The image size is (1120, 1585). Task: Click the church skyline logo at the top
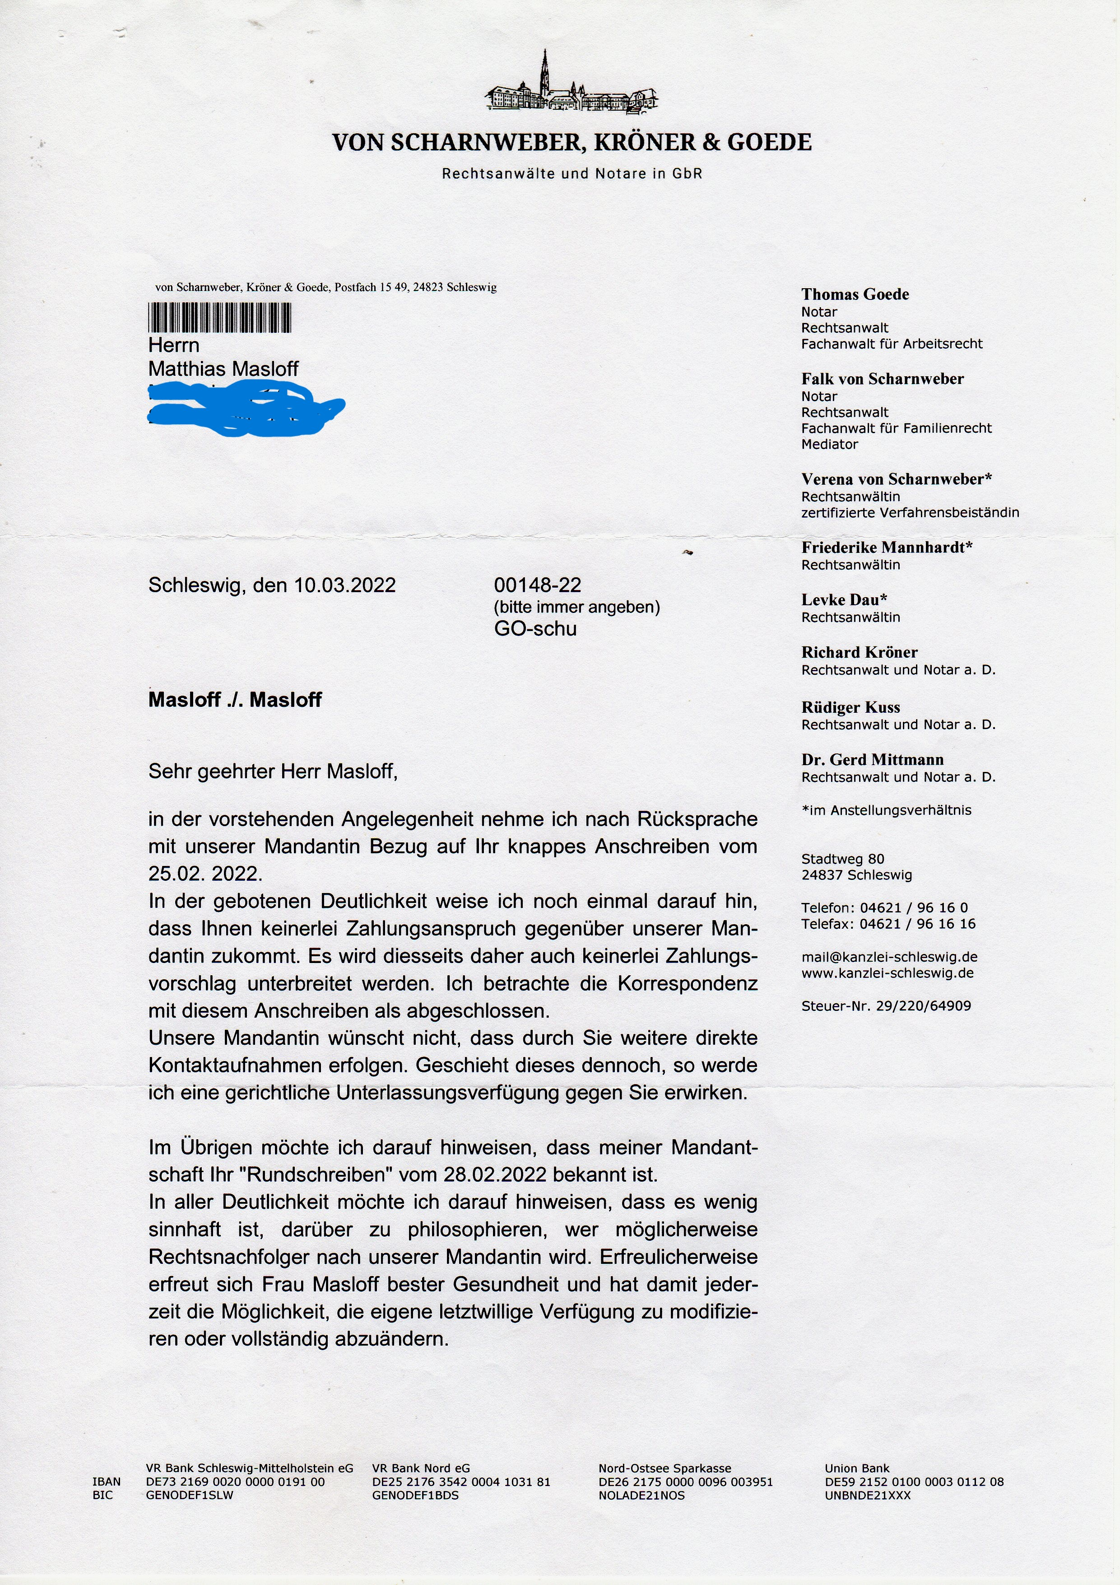tap(572, 86)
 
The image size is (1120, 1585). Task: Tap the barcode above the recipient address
tap(219, 319)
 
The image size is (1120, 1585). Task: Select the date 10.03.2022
tap(344, 585)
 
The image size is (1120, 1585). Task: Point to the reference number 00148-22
tap(538, 585)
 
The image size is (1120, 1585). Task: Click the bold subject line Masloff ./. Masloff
tap(235, 700)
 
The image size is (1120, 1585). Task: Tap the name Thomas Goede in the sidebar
tap(855, 295)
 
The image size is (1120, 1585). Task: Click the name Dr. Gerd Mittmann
tap(872, 759)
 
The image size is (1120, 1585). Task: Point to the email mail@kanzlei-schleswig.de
tap(889, 957)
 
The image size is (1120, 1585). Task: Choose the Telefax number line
tap(888, 924)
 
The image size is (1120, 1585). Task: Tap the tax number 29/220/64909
tap(923, 1006)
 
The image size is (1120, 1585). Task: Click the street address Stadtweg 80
tap(842, 859)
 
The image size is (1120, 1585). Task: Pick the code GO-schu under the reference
tap(535, 628)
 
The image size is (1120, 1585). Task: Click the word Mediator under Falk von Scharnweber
tap(829, 444)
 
